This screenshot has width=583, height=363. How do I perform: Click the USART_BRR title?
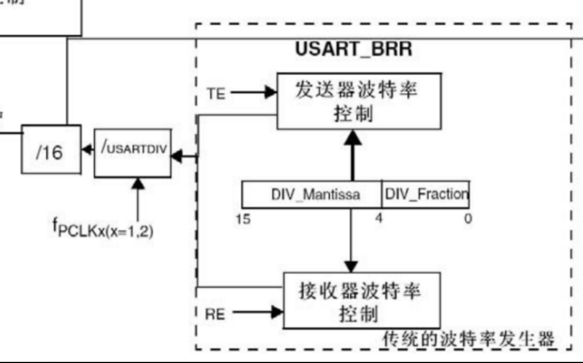point(353,49)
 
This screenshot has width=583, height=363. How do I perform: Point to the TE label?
point(215,94)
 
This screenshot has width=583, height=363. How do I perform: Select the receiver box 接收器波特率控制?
point(362,301)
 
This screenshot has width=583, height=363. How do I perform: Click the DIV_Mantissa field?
point(311,195)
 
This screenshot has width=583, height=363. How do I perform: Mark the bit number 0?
point(468,218)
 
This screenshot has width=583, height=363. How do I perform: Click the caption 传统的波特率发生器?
point(468,340)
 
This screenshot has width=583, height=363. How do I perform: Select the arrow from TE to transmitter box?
point(252,92)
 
